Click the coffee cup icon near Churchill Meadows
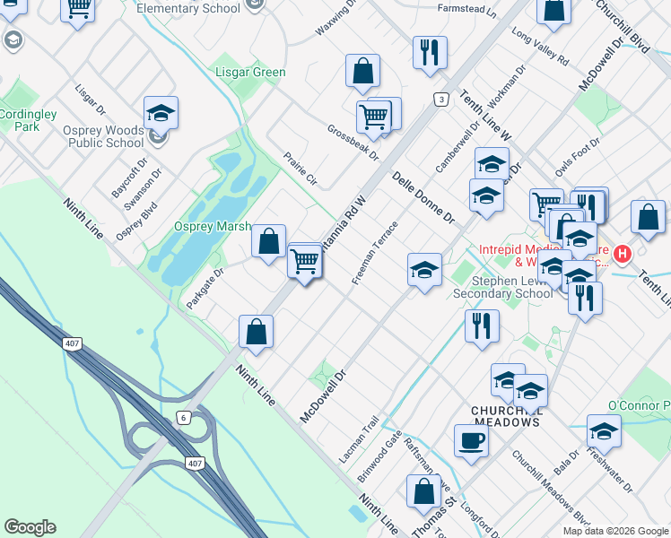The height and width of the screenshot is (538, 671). click(x=471, y=440)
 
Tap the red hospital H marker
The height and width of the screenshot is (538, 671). click(x=622, y=255)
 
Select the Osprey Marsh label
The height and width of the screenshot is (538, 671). click(x=212, y=227)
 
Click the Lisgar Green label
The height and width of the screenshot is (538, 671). click(x=250, y=73)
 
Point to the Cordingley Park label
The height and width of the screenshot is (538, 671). click(x=28, y=120)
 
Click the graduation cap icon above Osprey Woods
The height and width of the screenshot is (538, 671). click(x=161, y=112)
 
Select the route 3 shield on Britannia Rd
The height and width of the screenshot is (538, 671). click(x=440, y=99)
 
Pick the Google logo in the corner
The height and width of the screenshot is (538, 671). click(x=30, y=527)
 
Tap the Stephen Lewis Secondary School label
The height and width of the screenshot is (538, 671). click(x=502, y=286)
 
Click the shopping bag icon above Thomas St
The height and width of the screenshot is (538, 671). click(x=423, y=491)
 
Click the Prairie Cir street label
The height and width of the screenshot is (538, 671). click(x=301, y=167)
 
